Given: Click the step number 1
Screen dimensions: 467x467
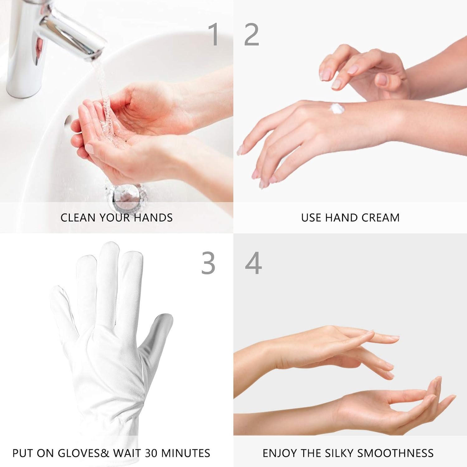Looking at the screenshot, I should [214, 34].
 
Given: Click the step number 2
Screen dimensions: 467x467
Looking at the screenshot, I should [252, 34].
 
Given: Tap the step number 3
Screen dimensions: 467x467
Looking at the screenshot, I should [208, 263].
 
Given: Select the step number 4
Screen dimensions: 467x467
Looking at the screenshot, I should [253, 263].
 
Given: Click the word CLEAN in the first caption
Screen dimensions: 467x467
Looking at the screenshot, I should [74, 218].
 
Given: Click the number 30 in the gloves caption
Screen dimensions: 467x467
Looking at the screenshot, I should [151, 453].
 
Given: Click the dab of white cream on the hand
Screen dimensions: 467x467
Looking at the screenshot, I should [337, 109].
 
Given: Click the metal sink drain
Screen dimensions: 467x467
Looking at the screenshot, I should [125, 195].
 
